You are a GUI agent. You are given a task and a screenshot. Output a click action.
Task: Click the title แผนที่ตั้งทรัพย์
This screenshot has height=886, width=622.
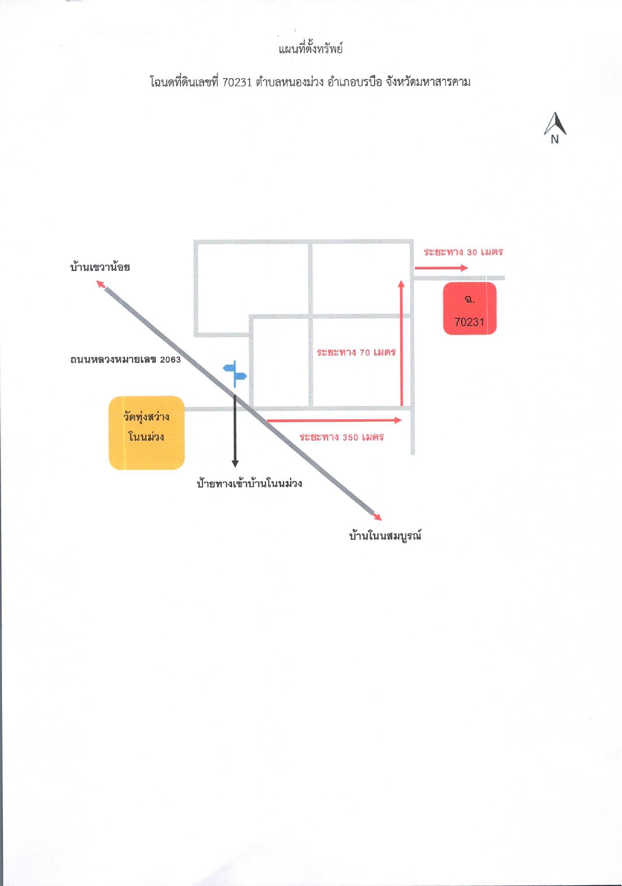pyautogui.click(x=311, y=49)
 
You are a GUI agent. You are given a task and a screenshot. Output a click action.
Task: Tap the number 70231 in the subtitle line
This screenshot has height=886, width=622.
pyautogui.click(x=237, y=82)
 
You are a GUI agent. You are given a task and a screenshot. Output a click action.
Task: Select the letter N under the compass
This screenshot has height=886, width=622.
pyautogui.click(x=554, y=140)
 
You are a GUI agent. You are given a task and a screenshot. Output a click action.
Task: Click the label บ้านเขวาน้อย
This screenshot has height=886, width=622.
pyautogui.click(x=100, y=267)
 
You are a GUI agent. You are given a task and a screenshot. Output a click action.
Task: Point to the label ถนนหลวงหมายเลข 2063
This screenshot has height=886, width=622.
pyautogui.click(x=125, y=359)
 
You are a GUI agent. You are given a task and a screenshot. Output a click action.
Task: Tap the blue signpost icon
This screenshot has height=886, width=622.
pyautogui.click(x=235, y=373)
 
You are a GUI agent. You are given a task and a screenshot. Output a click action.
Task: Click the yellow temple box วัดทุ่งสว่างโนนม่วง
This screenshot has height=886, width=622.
pyautogui.click(x=147, y=433)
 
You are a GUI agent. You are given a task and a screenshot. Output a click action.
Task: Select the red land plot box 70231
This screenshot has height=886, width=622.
pyautogui.click(x=470, y=309)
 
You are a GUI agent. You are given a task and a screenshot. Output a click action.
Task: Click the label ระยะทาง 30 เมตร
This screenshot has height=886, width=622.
pyautogui.click(x=464, y=252)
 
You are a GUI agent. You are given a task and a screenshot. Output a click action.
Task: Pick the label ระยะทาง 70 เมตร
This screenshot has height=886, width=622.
pyautogui.click(x=356, y=352)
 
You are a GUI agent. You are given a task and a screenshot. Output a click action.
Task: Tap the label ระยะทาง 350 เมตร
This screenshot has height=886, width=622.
pyautogui.click(x=342, y=437)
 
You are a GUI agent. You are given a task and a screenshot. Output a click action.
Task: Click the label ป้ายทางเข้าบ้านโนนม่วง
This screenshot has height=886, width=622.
pyautogui.click(x=249, y=483)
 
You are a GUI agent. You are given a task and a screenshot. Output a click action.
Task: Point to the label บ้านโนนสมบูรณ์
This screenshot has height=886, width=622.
pyautogui.click(x=385, y=536)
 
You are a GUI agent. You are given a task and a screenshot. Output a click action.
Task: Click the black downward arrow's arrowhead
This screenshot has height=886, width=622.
pyautogui.click(x=235, y=463)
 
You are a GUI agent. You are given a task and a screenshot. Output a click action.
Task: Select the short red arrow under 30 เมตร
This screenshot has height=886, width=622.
pyautogui.click(x=441, y=267)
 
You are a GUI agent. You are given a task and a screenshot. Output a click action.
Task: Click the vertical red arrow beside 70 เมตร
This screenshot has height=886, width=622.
pyautogui.click(x=401, y=343)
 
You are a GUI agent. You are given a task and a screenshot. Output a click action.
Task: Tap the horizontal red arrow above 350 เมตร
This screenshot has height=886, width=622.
pyautogui.click(x=334, y=420)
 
